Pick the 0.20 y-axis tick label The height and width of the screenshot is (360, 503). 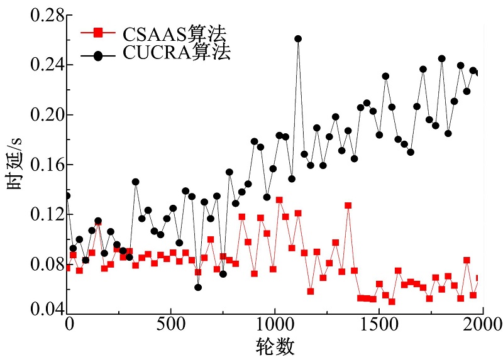pyautogui.click(x=40, y=114)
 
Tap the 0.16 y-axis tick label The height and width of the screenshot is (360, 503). pyautogui.click(x=40, y=165)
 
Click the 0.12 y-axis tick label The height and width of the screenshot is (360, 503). pyautogui.click(x=40, y=214)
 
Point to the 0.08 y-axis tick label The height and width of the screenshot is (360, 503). pyautogui.click(x=40, y=264)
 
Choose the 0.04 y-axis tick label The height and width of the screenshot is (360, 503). pyautogui.click(x=40, y=309)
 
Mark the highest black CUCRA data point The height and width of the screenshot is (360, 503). pyautogui.click(x=298, y=39)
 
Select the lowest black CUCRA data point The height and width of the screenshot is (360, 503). pyautogui.click(x=198, y=287)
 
